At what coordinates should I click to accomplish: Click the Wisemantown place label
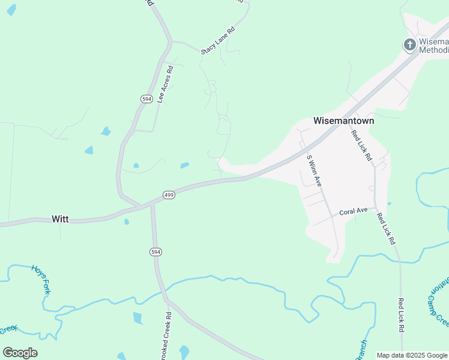(343, 121)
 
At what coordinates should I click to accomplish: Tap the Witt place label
(60, 219)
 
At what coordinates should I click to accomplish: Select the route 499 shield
(169, 196)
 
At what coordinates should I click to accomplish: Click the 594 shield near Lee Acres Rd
(146, 98)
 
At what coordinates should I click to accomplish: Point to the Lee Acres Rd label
(165, 85)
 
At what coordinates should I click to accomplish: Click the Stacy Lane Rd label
(218, 41)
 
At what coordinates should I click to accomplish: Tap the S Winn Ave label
(315, 170)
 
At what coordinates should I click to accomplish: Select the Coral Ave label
(353, 212)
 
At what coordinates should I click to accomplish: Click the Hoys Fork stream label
(40, 279)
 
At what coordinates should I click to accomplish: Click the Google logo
(20, 352)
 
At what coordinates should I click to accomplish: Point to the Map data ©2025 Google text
(412, 355)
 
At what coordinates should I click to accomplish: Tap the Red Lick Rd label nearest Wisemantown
(361, 146)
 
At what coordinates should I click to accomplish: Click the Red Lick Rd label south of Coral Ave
(387, 229)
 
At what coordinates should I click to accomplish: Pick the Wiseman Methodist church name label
(433, 46)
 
